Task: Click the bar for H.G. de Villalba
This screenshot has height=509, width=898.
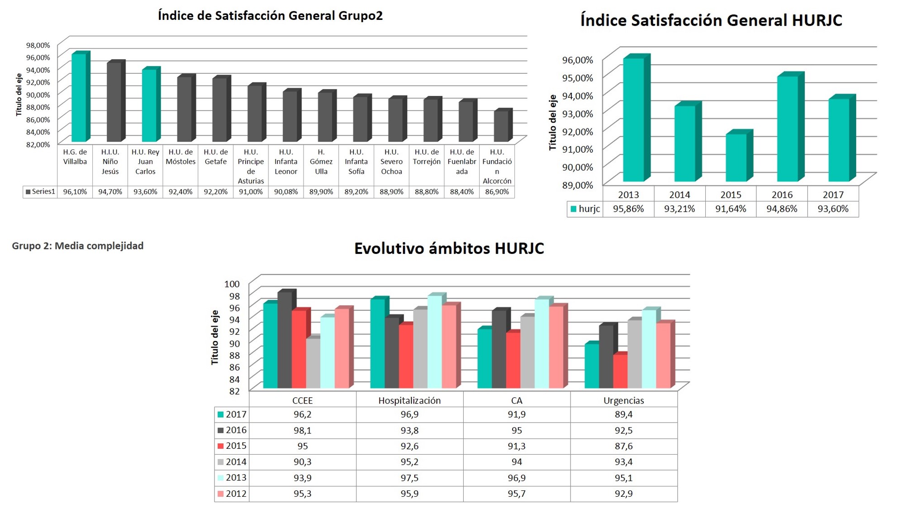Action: [79, 98]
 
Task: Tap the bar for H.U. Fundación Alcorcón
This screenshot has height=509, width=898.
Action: [501, 126]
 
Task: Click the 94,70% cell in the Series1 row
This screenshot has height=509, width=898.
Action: [110, 192]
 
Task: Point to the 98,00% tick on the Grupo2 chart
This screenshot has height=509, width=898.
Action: [38, 45]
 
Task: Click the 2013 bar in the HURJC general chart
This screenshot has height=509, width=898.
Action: [633, 120]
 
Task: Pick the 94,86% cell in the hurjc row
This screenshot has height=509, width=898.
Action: [781, 209]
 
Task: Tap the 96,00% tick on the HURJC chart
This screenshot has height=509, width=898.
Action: [577, 60]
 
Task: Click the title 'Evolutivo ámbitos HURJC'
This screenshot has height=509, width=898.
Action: [449, 248]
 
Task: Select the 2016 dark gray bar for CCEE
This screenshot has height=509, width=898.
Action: [285, 340]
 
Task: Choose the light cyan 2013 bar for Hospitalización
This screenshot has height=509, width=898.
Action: [434, 342]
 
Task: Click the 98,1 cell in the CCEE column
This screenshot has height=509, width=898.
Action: [302, 430]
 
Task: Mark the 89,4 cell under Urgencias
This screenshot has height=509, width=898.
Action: [623, 414]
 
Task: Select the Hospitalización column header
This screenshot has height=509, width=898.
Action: [409, 400]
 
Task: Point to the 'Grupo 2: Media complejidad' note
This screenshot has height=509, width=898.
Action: [78, 246]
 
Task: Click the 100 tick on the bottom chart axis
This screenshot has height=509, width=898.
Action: [232, 284]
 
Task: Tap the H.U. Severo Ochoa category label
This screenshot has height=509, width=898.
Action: [391, 162]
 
